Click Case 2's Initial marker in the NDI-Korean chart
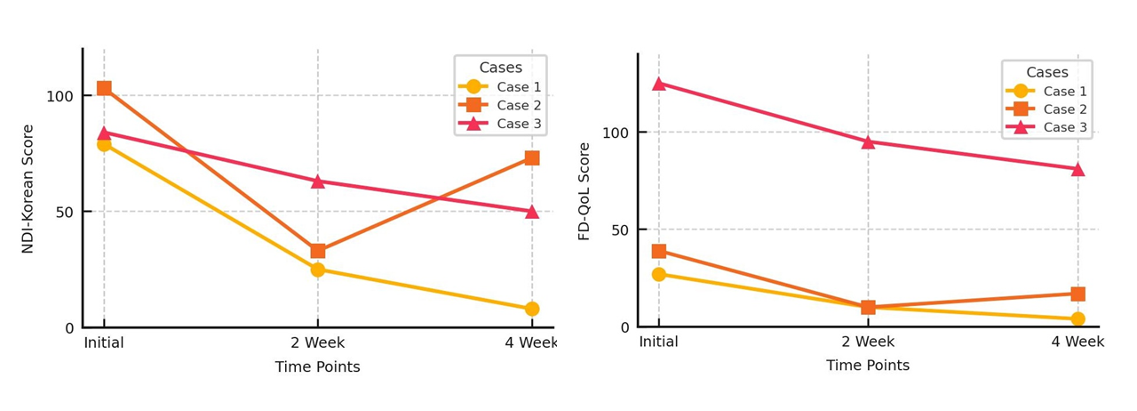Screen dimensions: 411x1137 [x=104, y=88]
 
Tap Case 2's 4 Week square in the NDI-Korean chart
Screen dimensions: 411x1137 [x=531, y=158]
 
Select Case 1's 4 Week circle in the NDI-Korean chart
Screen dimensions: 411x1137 [x=531, y=309]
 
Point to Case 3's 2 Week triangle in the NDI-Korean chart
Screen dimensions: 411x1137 [x=317, y=181]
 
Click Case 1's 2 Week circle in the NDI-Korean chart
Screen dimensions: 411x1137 [x=317, y=270]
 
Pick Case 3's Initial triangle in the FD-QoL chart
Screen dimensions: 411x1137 [x=658, y=84]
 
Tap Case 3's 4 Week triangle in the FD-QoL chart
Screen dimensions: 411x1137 [x=1077, y=168]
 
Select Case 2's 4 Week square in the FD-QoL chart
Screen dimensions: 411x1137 [x=1077, y=294]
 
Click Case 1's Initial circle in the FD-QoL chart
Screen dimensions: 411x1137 [x=658, y=274]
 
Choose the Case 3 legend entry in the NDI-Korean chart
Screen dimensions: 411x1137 [x=518, y=124]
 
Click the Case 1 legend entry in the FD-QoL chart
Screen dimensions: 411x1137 [x=1065, y=91]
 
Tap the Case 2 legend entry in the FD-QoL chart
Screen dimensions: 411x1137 [x=1065, y=109]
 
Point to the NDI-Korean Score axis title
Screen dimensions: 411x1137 [x=28, y=188]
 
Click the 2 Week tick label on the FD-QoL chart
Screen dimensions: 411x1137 [x=868, y=342]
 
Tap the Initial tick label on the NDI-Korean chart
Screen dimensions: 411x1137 [x=104, y=342]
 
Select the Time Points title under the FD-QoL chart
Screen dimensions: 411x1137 [x=868, y=366]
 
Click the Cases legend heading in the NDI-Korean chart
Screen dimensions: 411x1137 [x=500, y=68]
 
